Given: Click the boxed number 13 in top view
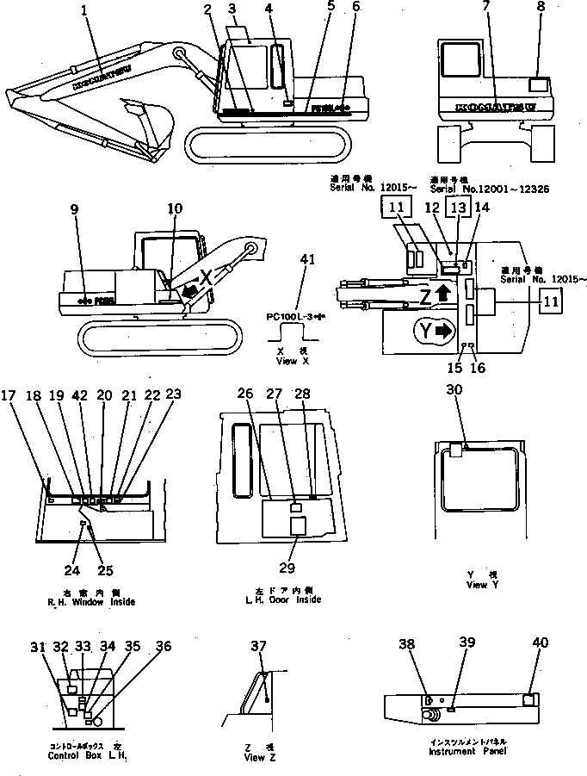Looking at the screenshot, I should point(459,208).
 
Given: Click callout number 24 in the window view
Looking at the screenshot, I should point(75,568).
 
